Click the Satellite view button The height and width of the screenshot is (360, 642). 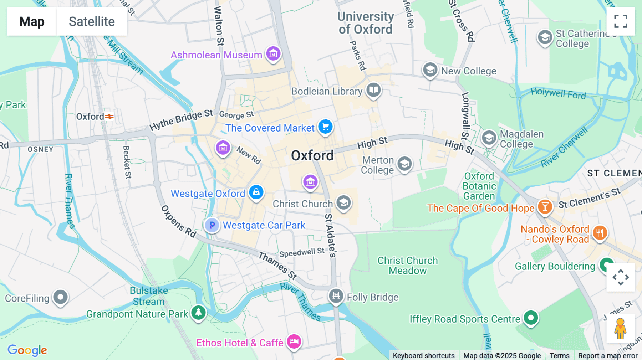(92, 21)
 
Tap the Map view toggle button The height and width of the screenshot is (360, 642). (32, 21)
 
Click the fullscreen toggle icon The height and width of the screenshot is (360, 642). (621, 21)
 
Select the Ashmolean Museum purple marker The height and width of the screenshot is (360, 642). (274, 54)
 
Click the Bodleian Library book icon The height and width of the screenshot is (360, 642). (373, 90)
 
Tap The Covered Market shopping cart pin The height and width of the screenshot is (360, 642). (325, 127)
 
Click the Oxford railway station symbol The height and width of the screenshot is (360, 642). (109, 117)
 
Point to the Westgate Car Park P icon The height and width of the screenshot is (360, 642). (212, 225)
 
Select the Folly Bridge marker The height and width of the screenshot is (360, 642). (336, 296)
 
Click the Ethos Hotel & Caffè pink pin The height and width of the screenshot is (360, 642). (294, 341)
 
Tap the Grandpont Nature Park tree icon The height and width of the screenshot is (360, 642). (198, 313)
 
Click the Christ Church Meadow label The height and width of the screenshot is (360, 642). (407, 266)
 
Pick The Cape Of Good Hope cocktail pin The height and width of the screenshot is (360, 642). (545, 207)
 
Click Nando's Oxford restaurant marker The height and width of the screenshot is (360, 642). (600, 233)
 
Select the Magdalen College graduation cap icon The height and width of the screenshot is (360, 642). (489, 138)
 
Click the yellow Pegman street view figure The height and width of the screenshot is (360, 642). (620, 328)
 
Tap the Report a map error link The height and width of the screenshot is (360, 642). (607, 356)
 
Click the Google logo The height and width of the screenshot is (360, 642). (27, 350)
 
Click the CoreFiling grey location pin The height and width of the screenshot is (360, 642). (60, 297)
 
